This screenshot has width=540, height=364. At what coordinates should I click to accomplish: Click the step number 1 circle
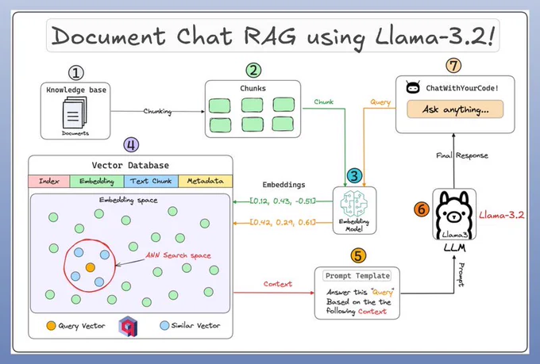(x=76, y=73)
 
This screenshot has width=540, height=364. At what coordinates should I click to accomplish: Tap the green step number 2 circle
(x=253, y=71)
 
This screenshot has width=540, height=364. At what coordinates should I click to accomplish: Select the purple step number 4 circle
(x=131, y=145)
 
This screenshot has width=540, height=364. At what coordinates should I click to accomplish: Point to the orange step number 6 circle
(x=422, y=209)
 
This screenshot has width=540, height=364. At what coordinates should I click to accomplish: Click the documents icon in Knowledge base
(x=75, y=113)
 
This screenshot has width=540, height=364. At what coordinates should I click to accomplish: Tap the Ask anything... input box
(x=455, y=109)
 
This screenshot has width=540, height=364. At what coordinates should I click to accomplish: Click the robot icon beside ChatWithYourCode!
(x=413, y=87)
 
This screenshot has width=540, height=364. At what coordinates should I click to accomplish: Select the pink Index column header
(x=49, y=181)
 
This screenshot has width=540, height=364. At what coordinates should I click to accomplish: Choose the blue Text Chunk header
(x=151, y=181)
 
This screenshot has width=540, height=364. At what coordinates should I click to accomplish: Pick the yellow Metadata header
(x=205, y=181)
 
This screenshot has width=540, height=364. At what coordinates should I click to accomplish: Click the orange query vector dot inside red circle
(x=91, y=267)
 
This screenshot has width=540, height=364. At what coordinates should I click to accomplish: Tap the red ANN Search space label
(x=178, y=255)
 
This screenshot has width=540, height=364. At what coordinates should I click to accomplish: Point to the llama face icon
(x=454, y=214)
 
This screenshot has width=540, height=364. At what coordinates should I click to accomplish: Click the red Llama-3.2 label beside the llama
(x=501, y=216)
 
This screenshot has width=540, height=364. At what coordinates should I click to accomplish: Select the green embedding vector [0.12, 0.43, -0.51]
(x=283, y=201)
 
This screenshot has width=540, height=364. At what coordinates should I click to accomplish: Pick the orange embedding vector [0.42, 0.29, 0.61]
(x=283, y=222)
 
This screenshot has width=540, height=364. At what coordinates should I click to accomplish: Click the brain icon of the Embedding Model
(x=354, y=204)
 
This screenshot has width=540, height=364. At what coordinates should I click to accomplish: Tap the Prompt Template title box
(x=357, y=276)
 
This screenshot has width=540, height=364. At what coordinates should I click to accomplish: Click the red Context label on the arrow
(x=278, y=284)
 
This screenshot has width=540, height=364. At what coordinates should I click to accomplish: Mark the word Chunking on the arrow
(x=157, y=112)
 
